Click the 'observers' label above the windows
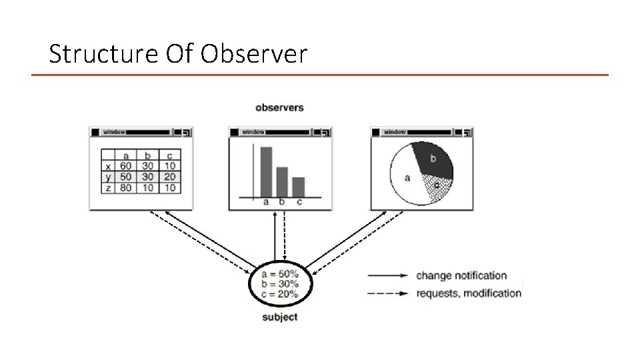tap(279, 107)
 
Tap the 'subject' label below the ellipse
tap(279, 317)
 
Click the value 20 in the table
tap(170, 177)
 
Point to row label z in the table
tap(108, 188)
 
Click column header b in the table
tap(147, 156)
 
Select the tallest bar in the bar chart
tap(266, 172)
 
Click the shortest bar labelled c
tap(298, 187)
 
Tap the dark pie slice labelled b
tap(433, 160)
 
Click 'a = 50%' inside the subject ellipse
tap(280, 274)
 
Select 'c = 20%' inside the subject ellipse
tap(280, 294)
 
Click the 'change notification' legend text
tap(461, 275)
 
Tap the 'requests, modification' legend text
tap(469, 293)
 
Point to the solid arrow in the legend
tap(387, 275)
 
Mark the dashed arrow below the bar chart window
tap(285, 237)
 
